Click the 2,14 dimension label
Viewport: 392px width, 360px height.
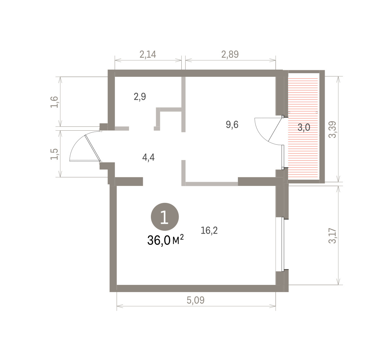[148, 55]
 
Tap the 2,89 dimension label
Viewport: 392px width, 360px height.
[230, 55]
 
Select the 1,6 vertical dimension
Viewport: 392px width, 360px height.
[54, 102]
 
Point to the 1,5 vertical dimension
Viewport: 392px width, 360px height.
[54, 154]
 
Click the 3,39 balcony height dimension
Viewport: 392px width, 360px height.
[332, 130]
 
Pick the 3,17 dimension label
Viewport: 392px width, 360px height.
[332, 236]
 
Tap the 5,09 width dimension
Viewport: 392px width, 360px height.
[196, 300]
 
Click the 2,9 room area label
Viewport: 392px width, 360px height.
[140, 97]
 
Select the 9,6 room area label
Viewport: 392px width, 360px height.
[232, 124]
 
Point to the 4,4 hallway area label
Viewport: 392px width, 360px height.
[149, 157]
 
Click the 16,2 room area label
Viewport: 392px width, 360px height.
[209, 230]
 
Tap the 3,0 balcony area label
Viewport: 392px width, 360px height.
[304, 127]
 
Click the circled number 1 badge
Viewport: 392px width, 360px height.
[165, 217]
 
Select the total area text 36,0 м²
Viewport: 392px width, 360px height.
[165, 240]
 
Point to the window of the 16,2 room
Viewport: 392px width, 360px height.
[283, 244]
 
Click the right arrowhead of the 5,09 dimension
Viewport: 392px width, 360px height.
[273, 306]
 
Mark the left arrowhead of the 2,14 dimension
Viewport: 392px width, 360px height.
[118, 60]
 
